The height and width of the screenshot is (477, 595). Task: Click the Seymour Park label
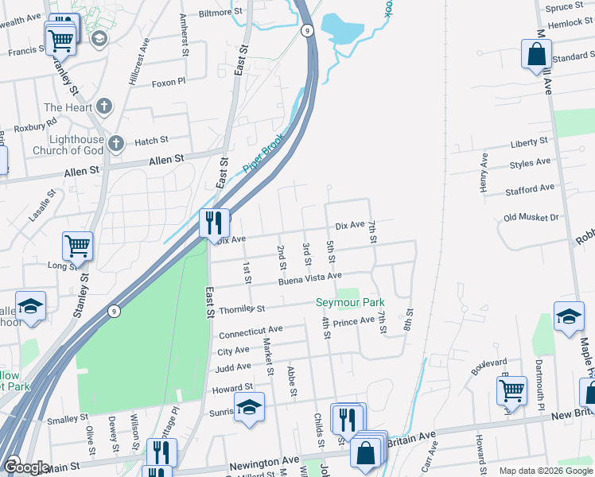click(350, 302)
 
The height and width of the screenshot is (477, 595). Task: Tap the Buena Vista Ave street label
click(309, 278)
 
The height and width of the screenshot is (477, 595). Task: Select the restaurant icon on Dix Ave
click(214, 223)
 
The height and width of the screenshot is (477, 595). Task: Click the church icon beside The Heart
click(103, 107)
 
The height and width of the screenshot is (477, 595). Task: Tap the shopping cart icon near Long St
click(78, 246)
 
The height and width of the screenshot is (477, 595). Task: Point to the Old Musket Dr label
click(531, 217)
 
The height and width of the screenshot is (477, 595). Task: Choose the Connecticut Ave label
click(251, 330)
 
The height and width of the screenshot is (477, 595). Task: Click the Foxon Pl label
click(168, 82)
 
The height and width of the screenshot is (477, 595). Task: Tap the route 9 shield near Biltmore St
click(307, 30)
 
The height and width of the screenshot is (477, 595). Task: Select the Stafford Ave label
click(530, 189)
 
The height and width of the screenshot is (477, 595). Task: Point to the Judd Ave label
click(234, 367)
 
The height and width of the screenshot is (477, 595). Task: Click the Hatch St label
click(151, 141)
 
